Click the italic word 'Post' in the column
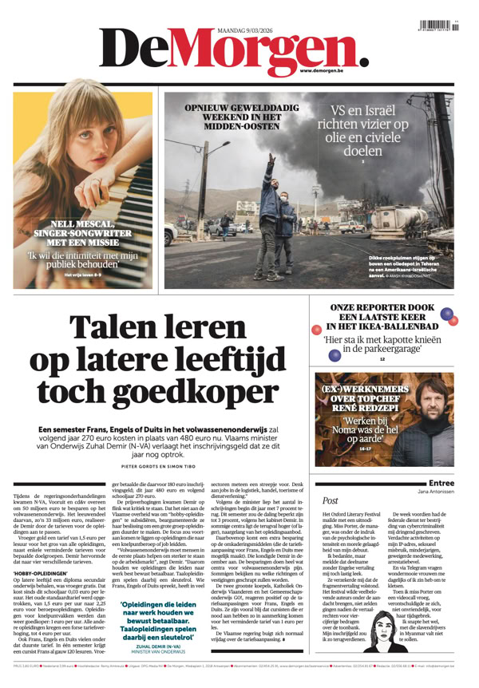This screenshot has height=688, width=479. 330,501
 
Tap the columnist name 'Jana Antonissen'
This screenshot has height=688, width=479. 435,492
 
